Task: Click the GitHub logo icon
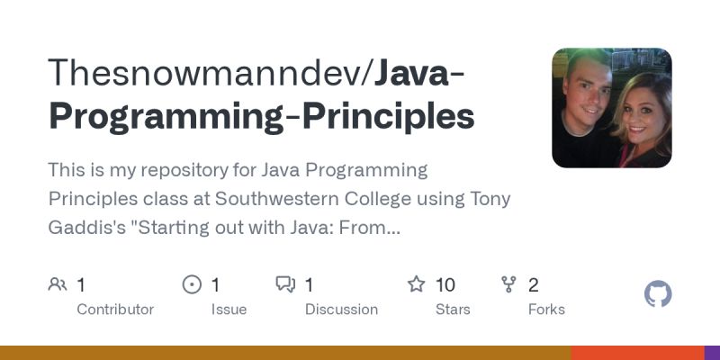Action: click(659, 294)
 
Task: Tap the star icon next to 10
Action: click(416, 285)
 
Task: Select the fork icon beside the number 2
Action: click(509, 285)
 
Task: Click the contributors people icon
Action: click(58, 285)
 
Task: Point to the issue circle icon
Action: click(192, 285)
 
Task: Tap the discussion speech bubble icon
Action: click(285, 285)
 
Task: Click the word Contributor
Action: click(115, 309)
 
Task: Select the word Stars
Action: click(453, 309)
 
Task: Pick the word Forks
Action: click(546, 309)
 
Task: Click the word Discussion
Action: click(341, 309)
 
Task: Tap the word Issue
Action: click(229, 309)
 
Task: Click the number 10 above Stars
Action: click(445, 285)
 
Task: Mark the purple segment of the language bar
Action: click(712, 353)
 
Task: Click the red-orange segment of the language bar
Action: click(637, 353)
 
